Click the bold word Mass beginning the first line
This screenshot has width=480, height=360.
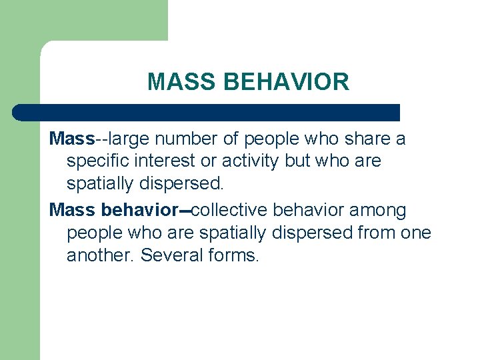72,139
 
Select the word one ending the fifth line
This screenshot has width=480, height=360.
417,233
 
